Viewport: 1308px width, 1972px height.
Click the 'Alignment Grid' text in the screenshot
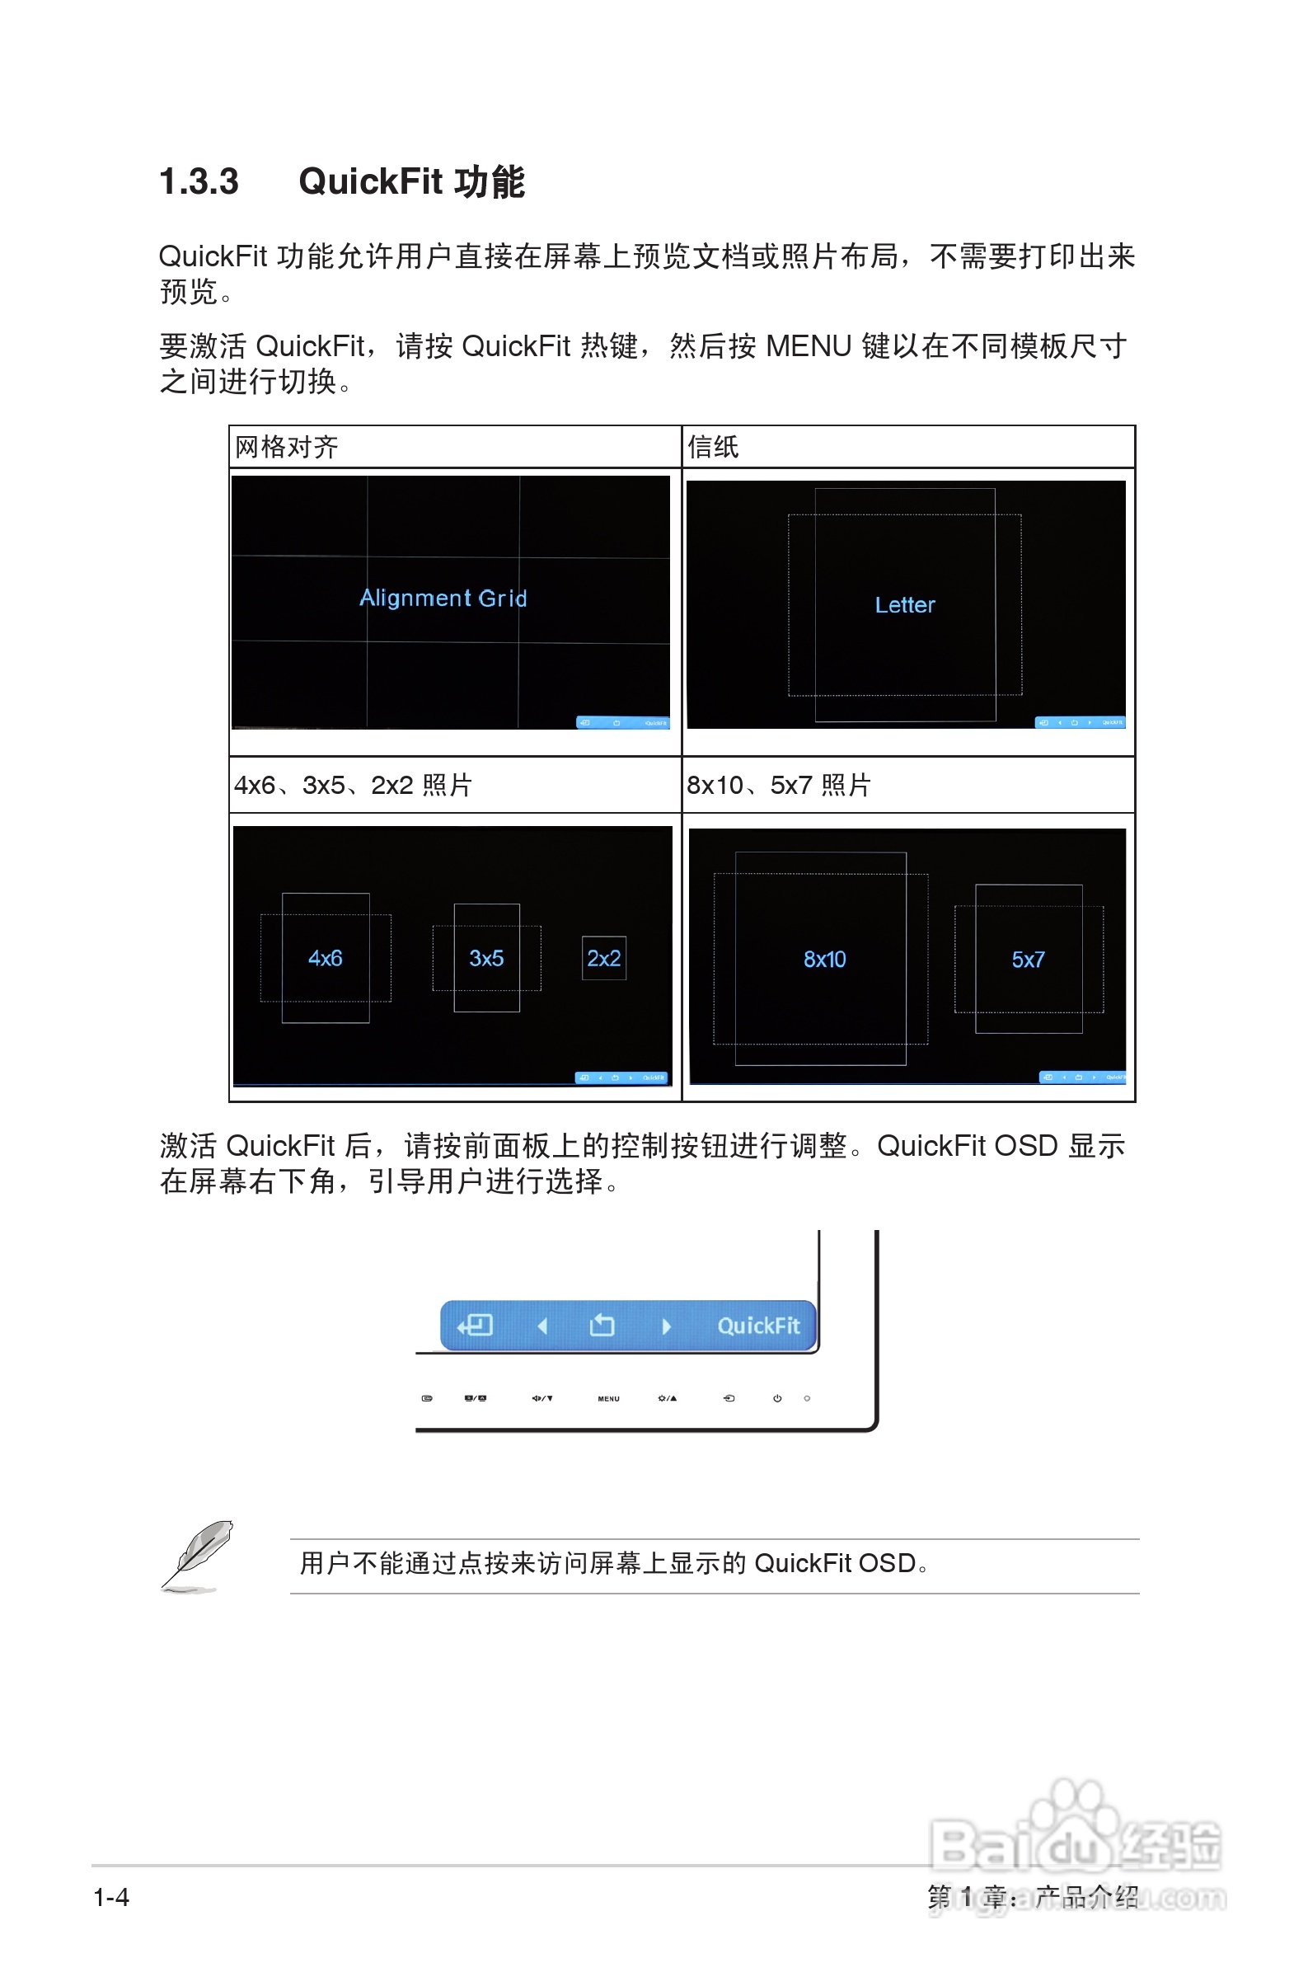[x=443, y=598]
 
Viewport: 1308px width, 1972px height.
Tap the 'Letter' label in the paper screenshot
[x=904, y=605]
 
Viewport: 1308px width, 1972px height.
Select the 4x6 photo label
[x=325, y=958]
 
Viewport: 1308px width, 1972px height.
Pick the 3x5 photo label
[x=485, y=958]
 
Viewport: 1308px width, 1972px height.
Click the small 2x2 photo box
[x=603, y=958]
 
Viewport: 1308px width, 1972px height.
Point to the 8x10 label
[x=824, y=960]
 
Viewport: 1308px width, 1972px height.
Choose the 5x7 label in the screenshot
[x=1028, y=960]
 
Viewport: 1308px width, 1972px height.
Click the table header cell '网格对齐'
[x=286, y=447]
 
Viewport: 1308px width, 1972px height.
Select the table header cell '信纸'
[x=712, y=447]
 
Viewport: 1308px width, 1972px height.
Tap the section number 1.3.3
[x=199, y=182]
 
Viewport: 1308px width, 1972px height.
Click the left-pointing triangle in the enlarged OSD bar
[x=542, y=1326]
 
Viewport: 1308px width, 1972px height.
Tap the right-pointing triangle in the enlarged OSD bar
[x=666, y=1326]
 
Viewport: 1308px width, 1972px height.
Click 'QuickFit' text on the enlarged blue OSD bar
[x=757, y=1326]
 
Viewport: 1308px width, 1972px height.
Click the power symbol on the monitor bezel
[x=776, y=1398]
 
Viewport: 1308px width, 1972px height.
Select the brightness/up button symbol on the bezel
[x=667, y=1398]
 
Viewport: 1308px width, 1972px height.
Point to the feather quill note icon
[x=197, y=1555]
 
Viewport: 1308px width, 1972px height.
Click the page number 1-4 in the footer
[x=111, y=1897]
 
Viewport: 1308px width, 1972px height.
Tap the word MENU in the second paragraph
[x=808, y=345]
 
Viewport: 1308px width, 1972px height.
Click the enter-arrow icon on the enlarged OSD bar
[x=476, y=1325]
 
